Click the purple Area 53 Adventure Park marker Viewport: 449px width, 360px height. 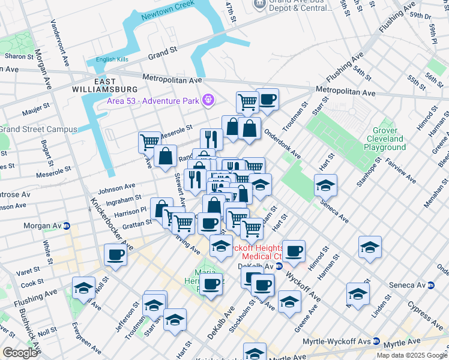[208, 100]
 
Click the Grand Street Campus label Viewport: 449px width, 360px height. [38, 129]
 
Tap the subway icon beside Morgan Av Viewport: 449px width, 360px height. [67, 226]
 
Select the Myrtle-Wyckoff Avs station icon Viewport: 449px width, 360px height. [376, 341]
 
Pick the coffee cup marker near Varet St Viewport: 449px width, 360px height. [115, 254]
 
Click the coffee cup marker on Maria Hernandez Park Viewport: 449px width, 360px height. [211, 283]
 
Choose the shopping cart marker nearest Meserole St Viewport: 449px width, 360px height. [149, 142]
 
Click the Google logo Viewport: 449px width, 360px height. [20, 352]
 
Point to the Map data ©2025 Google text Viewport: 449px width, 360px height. [411, 355]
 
